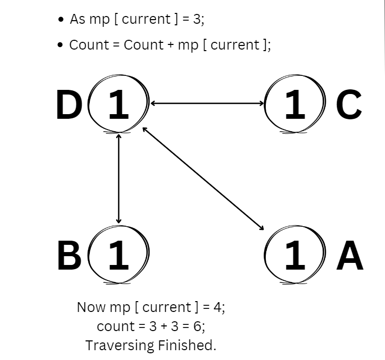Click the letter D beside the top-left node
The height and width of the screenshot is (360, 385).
tap(69, 105)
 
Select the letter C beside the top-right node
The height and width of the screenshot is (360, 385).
tap(349, 105)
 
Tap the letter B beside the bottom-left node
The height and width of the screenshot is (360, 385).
tap(69, 255)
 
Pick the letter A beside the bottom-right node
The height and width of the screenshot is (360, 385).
tap(349, 255)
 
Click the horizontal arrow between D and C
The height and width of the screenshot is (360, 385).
tap(206, 103)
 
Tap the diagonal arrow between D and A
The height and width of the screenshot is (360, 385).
tap(203, 178)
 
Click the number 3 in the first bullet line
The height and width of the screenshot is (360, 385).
tap(200, 20)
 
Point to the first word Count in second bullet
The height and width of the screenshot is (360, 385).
tap(89, 45)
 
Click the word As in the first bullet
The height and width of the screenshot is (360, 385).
tap(77, 20)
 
